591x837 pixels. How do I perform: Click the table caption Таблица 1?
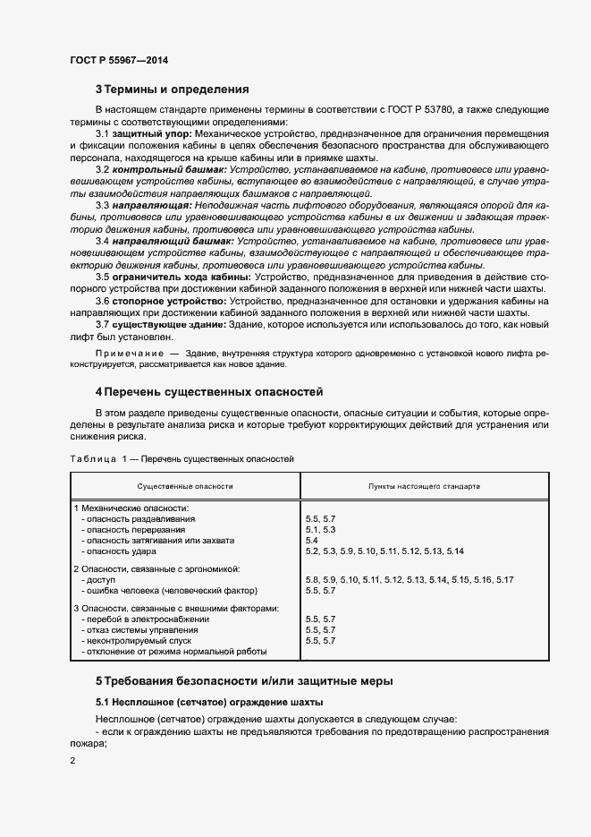coord(98,458)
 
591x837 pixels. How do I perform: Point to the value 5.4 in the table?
coord(312,541)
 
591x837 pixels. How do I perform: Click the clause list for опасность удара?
coord(384,551)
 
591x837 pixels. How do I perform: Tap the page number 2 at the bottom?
coord(72,761)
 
